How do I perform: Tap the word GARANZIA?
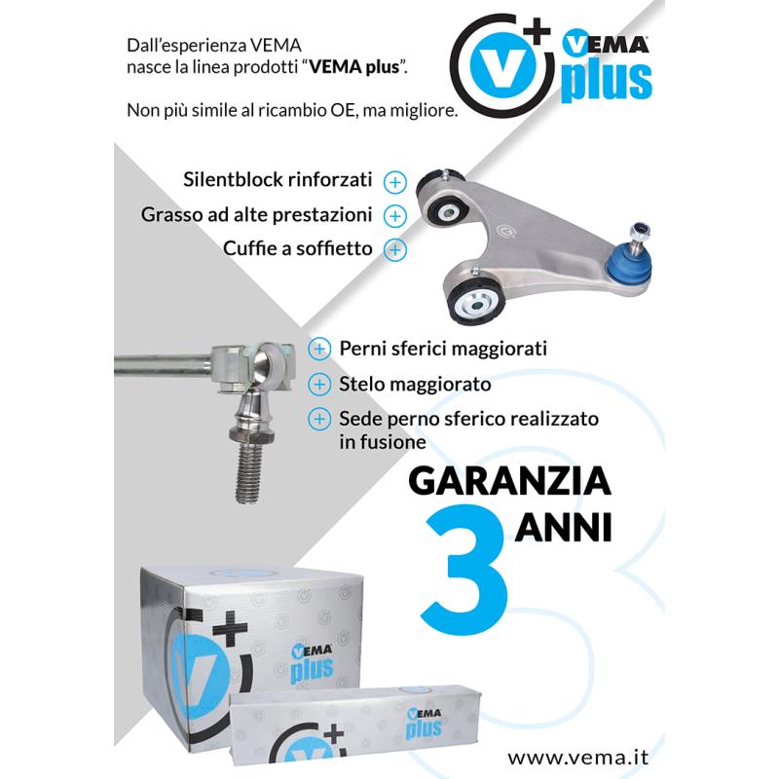[x=509, y=482]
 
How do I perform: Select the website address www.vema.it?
[x=580, y=755]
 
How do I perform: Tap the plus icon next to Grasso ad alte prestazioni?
[x=393, y=214]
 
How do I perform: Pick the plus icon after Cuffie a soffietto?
[x=393, y=248]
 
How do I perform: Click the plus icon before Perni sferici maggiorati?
[x=318, y=349]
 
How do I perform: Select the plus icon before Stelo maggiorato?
[x=318, y=384]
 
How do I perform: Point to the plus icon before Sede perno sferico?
[x=318, y=419]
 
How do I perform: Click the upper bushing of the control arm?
[x=447, y=206]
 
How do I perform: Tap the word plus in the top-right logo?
[x=606, y=82]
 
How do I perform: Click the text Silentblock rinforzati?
[x=278, y=181]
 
